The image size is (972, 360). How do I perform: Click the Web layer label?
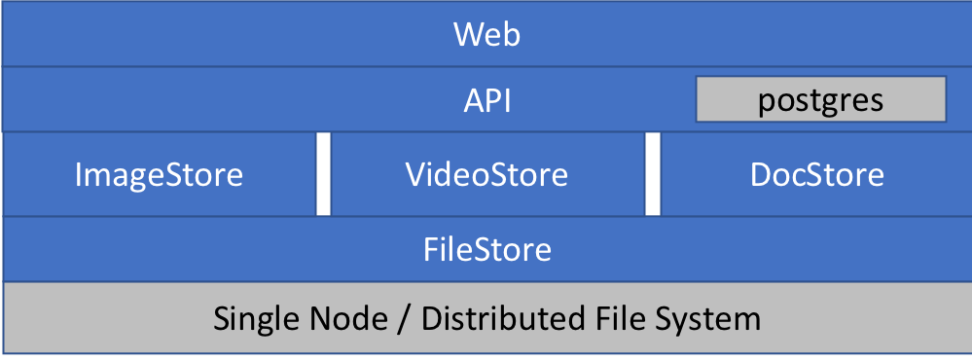pyautogui.click(x=486, y=36)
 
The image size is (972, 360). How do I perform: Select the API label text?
pyautogui.click(x=486, y=100)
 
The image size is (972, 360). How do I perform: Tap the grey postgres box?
pyautogui.click(x=820, y=99)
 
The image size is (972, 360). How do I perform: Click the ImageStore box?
pyautogui.click(x=159, y=175)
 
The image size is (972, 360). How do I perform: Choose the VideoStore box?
pyautogui.click(x=486, y=175)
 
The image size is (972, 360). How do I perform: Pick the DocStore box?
pyautogui.click(x=816, y=175)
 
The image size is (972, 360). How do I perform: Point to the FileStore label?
pyautogui.click(x=486, y=250)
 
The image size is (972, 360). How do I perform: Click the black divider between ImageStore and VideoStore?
pyautogui.click(x=323, y=175)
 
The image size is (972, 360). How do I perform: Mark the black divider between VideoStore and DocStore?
pyautogui.click(x=653, y=175)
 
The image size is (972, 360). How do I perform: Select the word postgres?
pyautogui.click(x=820, y=100)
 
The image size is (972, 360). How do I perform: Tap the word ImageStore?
pyautogui.click(x=159, y=175)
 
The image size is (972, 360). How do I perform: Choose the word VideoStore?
pyautogui.click(x=486, y=175)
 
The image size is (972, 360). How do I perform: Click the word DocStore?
pyautogui.click(x=816, y=175)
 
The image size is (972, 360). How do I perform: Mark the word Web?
pyautogui.click(x=486, y=36)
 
